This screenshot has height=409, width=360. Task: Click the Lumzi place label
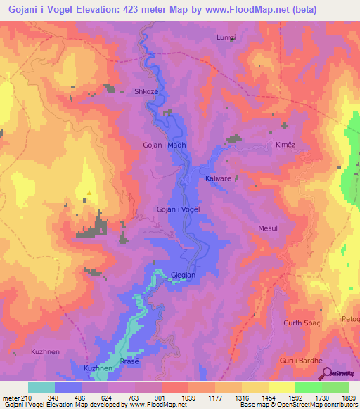226,37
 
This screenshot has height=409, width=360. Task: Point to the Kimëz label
277,144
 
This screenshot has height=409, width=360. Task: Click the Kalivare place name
218,179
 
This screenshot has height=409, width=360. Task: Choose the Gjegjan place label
181,275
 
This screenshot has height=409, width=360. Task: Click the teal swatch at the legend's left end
41,387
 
